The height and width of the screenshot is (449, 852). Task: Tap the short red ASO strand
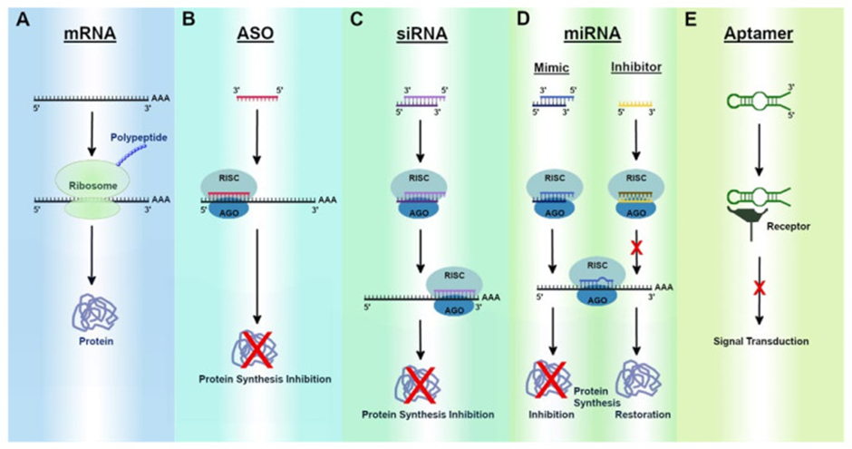coord(258,98)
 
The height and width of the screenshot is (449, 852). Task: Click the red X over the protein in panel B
coord(257,348)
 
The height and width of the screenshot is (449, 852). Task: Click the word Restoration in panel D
coord(643,415)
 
